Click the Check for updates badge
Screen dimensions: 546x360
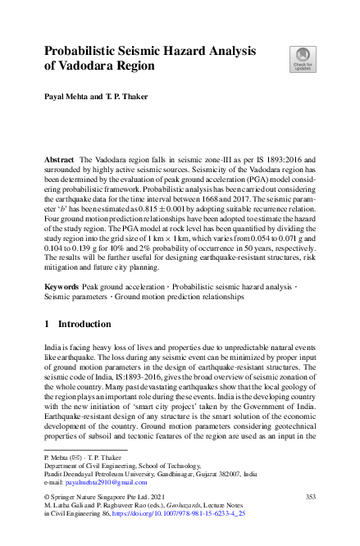click(x=301, y=57)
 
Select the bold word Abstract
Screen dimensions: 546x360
click(x=59, y=157)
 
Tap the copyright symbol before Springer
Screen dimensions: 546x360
click(x=47, y=497)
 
